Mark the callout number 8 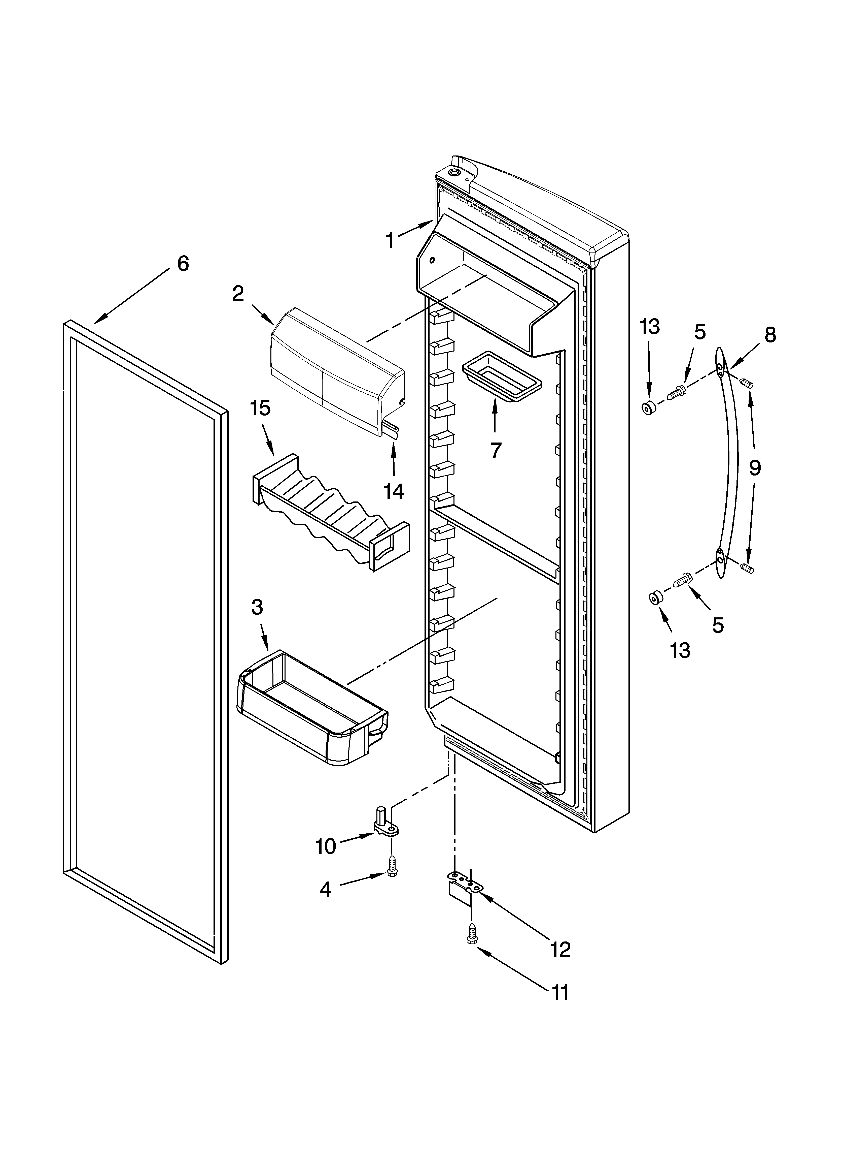[x=770, y=335]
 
